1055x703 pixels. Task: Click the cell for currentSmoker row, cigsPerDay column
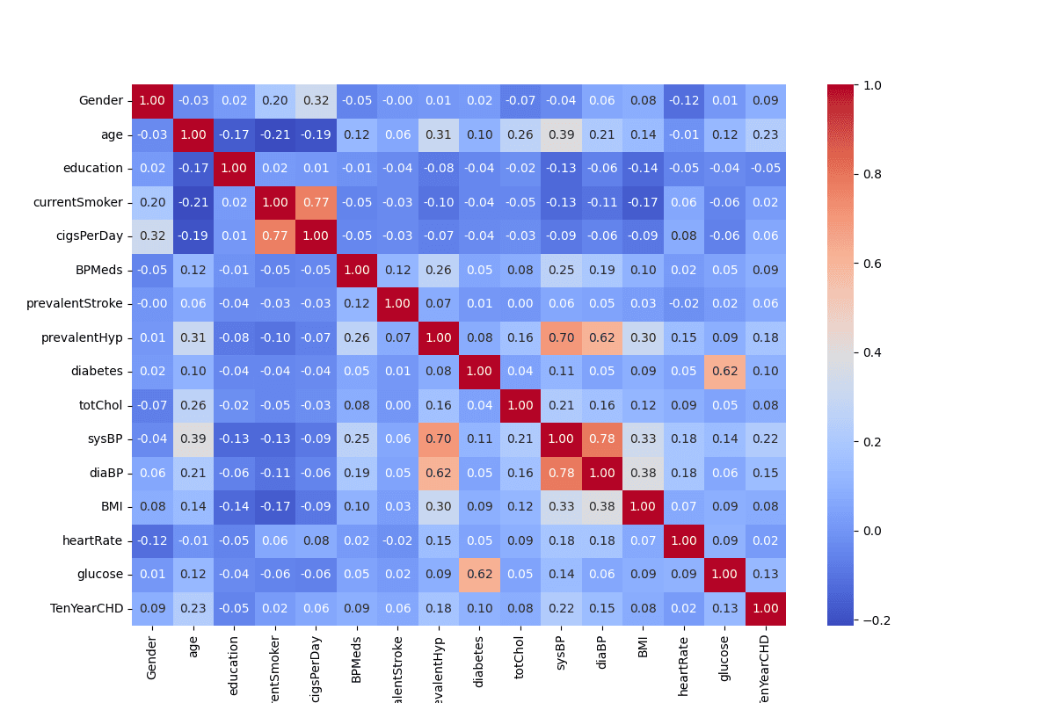point(316,202)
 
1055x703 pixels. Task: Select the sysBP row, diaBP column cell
point(602,438)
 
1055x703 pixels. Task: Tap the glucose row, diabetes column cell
point(479,574)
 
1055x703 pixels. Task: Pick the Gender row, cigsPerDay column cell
point(316,101)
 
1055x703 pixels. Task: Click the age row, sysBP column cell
point(561,134)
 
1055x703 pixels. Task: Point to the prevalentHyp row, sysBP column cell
point(561,337)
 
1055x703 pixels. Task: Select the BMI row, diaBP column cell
point(602,506)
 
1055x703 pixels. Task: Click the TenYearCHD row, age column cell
point(193,608)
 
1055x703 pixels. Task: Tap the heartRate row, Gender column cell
point(152,540)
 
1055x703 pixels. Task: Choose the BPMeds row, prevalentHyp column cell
point(439,270)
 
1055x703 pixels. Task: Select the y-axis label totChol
point(100,405)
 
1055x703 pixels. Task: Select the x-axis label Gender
point(152,660)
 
